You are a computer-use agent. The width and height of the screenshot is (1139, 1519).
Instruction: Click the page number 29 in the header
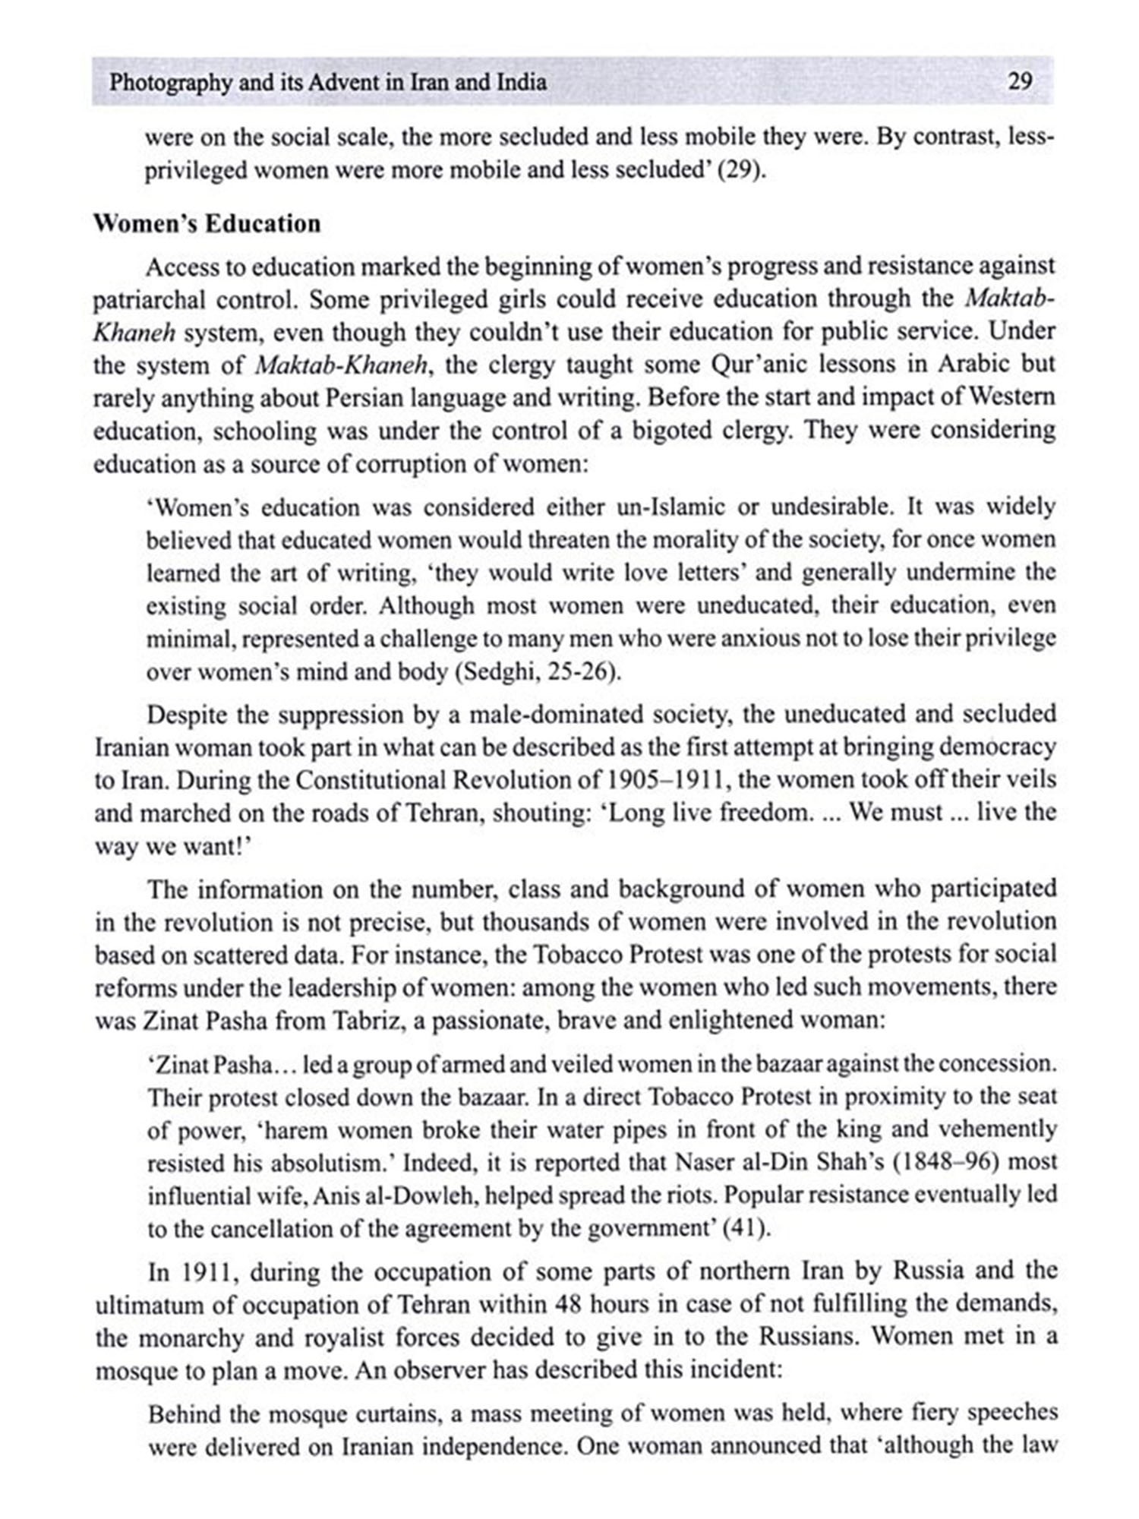pos(1019,81)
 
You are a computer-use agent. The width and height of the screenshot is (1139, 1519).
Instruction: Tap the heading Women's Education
pos(207,224)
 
